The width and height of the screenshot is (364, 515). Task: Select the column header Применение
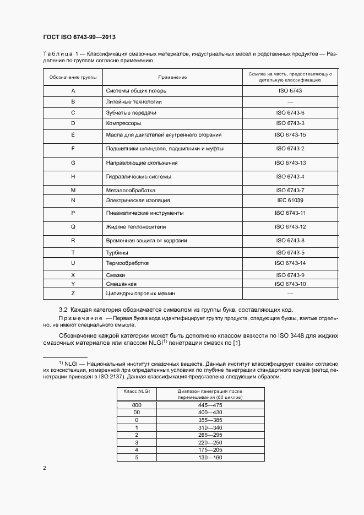pyautogui.click(x=172, y=77)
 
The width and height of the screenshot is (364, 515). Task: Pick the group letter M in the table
pyautogui.click(x=73, y=190)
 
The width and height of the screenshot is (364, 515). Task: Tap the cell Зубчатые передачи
pyautogui.click(x=131, y=112)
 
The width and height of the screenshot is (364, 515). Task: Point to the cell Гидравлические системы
pyautogui.click(x=138, y=177)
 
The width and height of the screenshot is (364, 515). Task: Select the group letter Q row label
pyautogui.click(x=73, y=226)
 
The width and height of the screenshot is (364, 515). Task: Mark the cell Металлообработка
pyautogui.click(x=131, y=190)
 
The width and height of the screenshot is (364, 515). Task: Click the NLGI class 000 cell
pyautogui.click(x=137, y=405)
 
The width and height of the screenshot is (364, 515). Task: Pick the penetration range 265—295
pyautogui.click(x=209, y=435)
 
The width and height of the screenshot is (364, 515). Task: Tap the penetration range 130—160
pyautogui.click(x=209, y=458)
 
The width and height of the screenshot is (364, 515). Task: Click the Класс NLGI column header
pyautogui.click(x=137, y=391)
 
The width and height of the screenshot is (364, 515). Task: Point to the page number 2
pyautogui.click(x=45, y=468)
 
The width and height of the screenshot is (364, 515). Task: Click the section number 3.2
pyautogui.click(x=63, y=310)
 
